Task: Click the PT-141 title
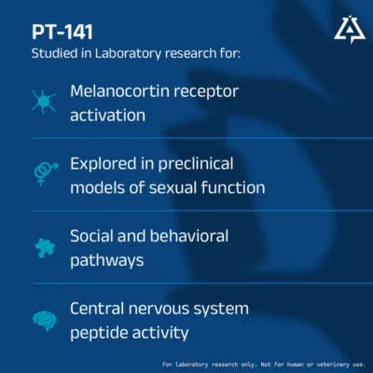(x=62, y=32)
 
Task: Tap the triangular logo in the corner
(x=350, y=29)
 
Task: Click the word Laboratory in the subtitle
(x=128, y=53)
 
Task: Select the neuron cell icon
(x=45, y=102)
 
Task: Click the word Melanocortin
(x=119, y=91)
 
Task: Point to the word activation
(x=107, y=116)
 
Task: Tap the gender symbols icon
(x=46, y=173)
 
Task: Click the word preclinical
(x=196, y=164)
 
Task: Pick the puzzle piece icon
(x=45, y=248)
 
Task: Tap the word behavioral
(x=189, y=236)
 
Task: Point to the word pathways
(x=107, y=261)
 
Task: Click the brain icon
(x=45, y=321)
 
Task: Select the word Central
(x=97, y=309)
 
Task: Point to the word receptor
(x=206, y=92)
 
